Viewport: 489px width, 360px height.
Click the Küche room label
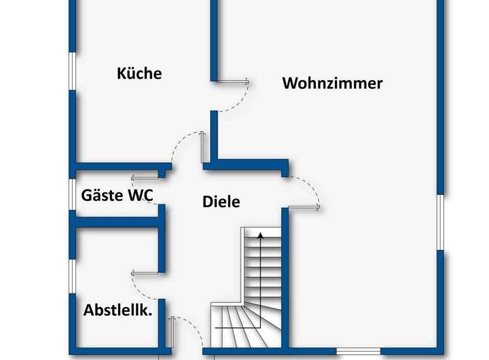click(139, 73)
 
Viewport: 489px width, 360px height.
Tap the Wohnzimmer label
click(332, 84)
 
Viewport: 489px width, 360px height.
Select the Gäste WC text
click(117, 196)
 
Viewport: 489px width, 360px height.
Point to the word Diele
click(221, 202)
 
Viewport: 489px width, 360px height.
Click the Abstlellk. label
click(117, 310)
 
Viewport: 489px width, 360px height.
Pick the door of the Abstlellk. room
click(146, 271)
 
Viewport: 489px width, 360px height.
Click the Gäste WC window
click(72, 195)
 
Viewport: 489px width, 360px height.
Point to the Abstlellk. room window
click(72, 276)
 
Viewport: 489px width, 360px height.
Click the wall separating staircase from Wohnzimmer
click(286, 278)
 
